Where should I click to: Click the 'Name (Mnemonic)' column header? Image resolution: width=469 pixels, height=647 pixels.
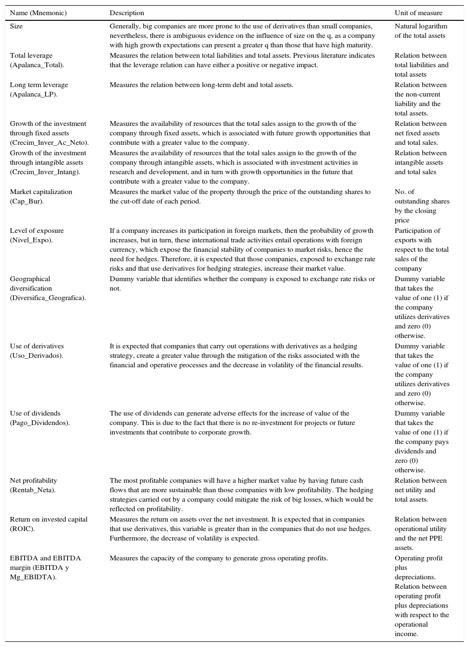tap(38, 13)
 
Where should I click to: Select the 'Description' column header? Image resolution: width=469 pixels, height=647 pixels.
tap(127, 13)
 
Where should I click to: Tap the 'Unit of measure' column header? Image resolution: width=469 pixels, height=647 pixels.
tap(418, 13)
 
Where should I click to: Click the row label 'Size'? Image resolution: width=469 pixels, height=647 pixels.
tap(16, 26)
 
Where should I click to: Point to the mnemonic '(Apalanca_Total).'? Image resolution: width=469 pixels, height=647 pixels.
tap(37, 65)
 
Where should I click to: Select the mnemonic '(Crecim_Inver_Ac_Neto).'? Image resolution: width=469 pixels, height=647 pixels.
tap(49, 142)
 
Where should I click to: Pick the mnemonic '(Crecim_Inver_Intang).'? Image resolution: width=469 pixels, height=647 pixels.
tap(45, 172)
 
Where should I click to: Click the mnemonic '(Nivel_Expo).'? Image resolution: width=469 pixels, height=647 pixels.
tap(31, 240)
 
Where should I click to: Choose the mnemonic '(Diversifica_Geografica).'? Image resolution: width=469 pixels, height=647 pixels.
tap(48, 298)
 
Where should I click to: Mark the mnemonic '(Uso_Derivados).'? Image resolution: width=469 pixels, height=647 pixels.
tap(36, 355)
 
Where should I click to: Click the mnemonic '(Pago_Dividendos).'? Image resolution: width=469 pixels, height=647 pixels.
tap(40, 423)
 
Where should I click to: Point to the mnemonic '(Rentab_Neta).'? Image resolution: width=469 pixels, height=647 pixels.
tap(33, 490)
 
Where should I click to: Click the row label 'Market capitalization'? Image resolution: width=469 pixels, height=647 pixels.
tap(41, 192)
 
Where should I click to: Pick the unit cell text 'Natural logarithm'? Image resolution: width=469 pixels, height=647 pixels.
tap(421, 26)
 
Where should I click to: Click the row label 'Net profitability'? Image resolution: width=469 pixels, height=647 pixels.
tap(34, 480)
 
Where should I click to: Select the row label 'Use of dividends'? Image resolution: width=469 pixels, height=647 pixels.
tap(35, 413)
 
